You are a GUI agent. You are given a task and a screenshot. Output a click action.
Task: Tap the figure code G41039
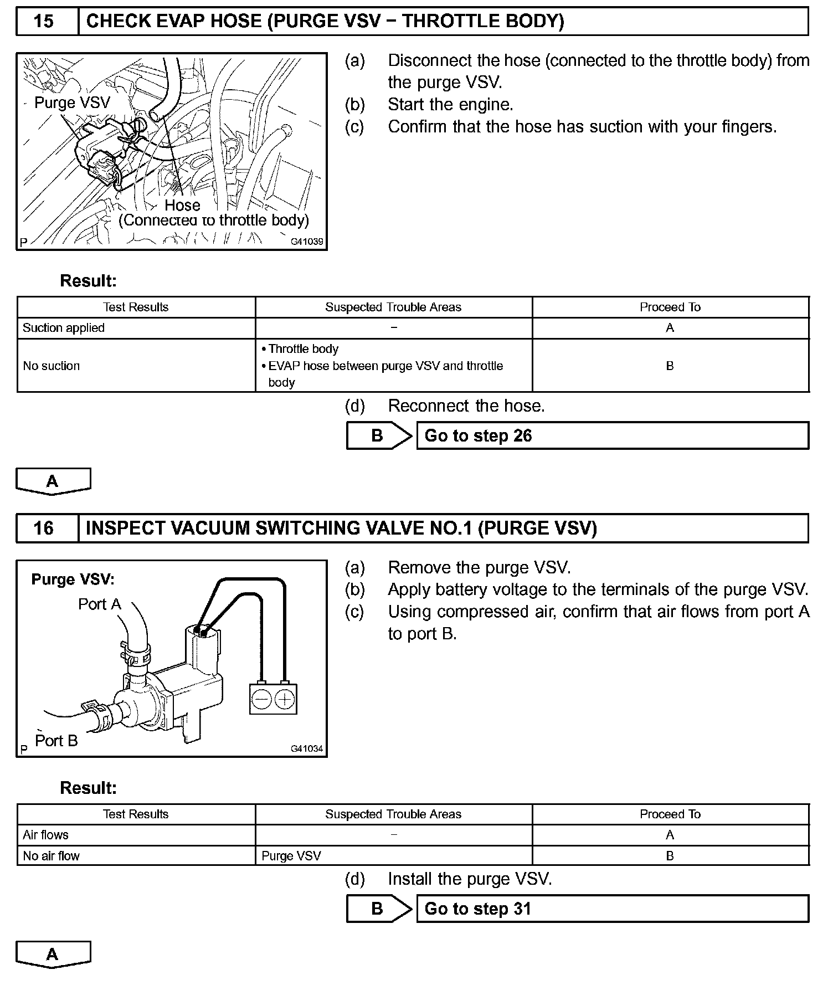tap(307, 242)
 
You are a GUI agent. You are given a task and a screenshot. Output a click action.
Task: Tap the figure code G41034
tap(307, 748)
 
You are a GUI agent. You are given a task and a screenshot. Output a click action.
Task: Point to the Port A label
tap(99, 604)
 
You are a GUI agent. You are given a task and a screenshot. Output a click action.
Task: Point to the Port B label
tap(56, 741)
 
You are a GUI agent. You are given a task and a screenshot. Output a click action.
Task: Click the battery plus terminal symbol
tap(285, 699)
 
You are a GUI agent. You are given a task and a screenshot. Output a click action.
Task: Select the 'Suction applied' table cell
tap(64, 328)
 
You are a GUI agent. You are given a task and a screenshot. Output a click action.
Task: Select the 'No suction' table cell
tap(52, 366)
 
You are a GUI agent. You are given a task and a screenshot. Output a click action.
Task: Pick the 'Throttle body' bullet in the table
tap(303, 349)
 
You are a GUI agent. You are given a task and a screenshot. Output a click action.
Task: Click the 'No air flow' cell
tap(52, 856)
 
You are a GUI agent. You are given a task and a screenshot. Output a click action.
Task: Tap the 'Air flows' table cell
tap(45, 835)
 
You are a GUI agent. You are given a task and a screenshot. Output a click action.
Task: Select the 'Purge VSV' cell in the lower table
tap(291, 856)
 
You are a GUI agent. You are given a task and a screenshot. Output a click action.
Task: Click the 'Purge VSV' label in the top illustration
tap(72, 102)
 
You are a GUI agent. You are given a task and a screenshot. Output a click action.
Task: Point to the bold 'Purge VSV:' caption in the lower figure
tap(73, 579)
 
